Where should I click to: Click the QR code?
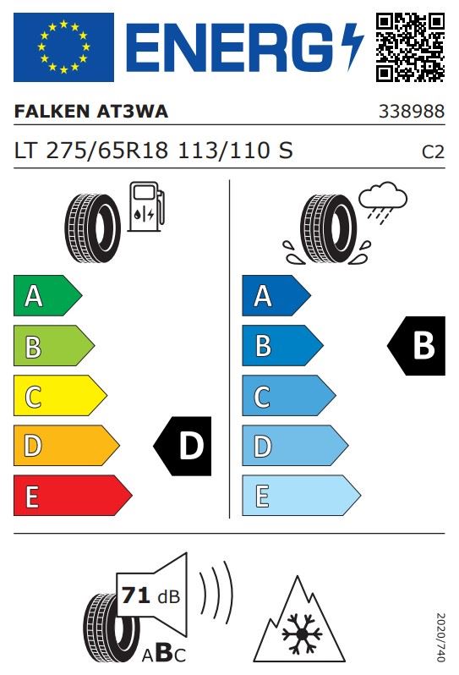tap(410, 47)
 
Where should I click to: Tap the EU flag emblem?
tap(63, 47)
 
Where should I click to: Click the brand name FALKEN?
tap(52, 112)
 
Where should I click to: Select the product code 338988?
tap(412, 112)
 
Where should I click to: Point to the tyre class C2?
tap(433, 152)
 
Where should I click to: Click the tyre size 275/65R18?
tap(107, 151)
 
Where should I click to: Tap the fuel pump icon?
tap(147, 206)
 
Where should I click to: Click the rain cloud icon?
tap(382, 202)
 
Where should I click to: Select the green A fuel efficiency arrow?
tap(47, 296)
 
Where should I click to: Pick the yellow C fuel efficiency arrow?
tap(60, 396)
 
